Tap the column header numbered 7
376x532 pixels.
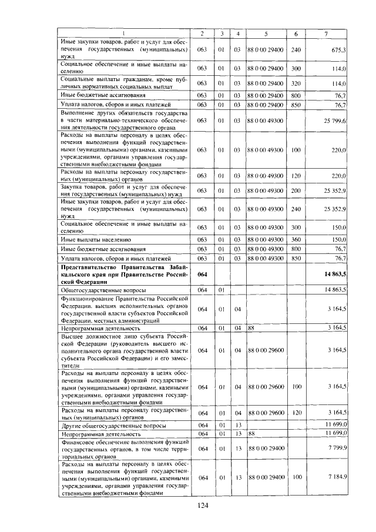point(326,34)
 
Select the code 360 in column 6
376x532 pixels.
point(296,240)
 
